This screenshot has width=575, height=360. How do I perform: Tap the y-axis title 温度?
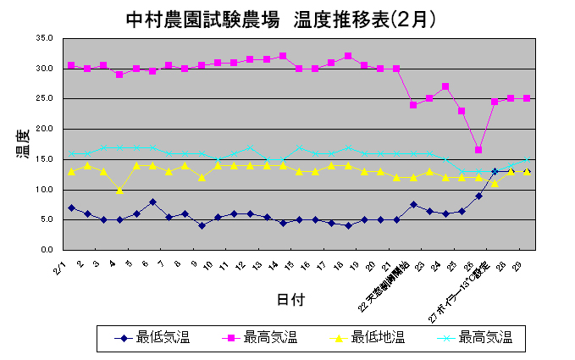click(23, 145)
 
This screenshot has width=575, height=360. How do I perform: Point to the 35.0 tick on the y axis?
click(45, 38)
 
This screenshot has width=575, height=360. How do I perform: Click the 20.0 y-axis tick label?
click(45, 129)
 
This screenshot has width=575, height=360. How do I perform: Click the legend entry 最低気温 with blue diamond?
click(153, 338)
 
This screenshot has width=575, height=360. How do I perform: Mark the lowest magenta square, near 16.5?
click(478, 150)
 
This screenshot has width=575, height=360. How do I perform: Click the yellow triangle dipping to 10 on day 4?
click(120, 191)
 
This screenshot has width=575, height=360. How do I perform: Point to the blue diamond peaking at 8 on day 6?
click(152, 202)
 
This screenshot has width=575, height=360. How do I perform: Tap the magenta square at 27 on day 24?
click(445, 86)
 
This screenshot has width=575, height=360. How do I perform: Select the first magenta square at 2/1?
click(71, 65)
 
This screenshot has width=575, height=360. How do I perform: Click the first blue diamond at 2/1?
click(71, 208)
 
